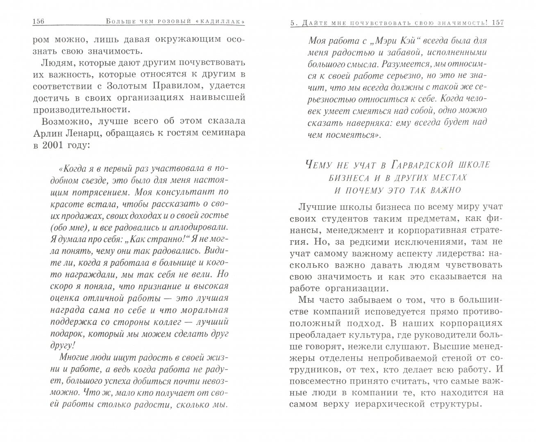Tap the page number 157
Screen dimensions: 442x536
[x=496, y=23]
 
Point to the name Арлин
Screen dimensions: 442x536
[x=37, y=133]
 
